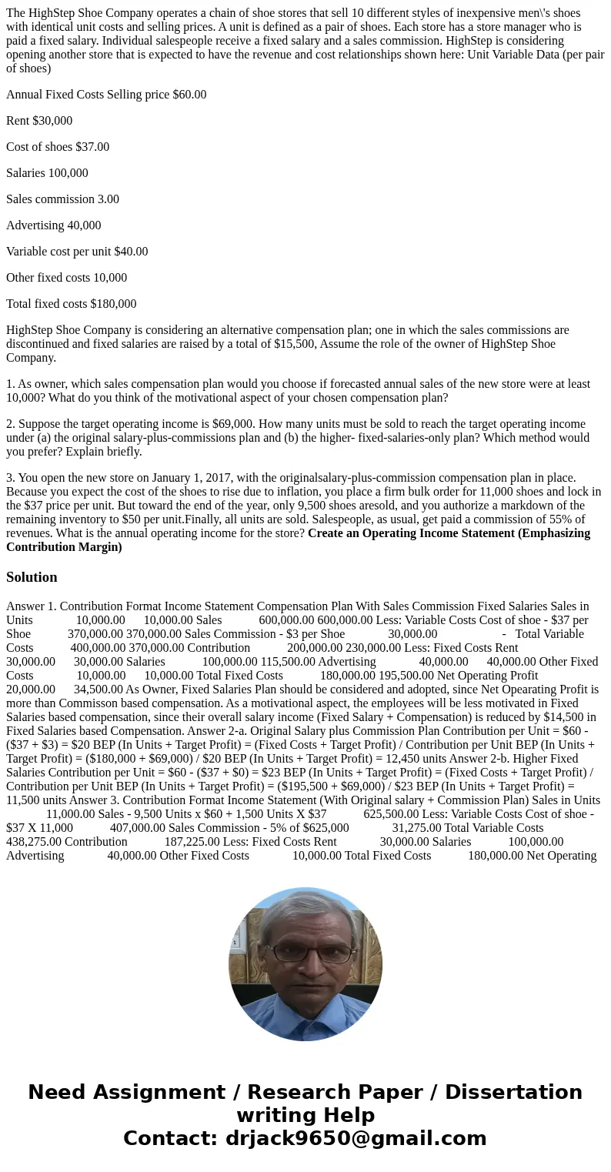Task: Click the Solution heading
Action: (x=32, y=577)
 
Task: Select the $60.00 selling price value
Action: (x=189, y=95)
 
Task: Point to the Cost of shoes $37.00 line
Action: (x=58, y=147)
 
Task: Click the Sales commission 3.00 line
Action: (x=62, y=199)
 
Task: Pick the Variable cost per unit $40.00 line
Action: (x=77, y=252)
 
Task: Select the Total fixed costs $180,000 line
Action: (x=71, y=304)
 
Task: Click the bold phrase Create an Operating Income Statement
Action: (x=449, y=533)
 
